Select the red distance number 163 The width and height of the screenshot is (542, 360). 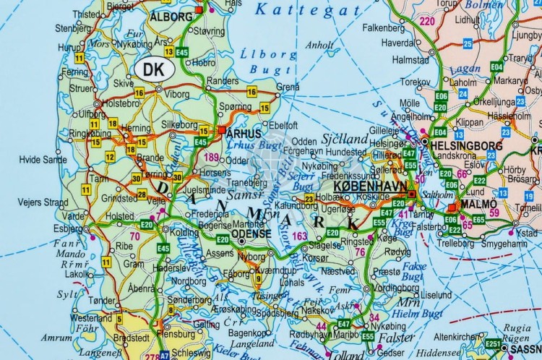tap(299, 236)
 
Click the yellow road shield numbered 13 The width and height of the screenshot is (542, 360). tap(168, 52)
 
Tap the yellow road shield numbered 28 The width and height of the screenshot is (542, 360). tap(142, 194)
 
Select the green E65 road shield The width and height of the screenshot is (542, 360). tap(478, 219)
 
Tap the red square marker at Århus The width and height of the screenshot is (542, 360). tap(221, 130)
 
